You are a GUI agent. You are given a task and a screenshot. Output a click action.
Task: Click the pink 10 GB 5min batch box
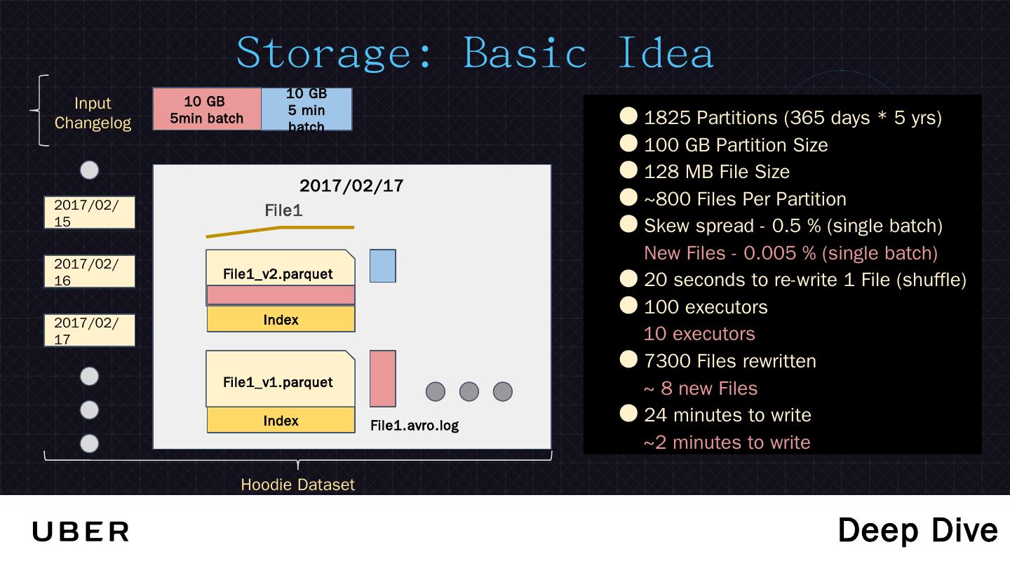coord(207,109)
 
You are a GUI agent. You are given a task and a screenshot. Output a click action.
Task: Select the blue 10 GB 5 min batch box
coord(307,109)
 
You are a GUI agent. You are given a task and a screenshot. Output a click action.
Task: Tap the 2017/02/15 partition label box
coord(89,213)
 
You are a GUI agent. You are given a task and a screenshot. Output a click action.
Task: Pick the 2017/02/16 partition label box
coord(89,271)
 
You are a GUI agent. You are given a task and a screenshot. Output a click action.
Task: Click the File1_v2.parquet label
coord(278,273)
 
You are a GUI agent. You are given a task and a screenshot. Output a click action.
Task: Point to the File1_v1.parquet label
coord(278,382)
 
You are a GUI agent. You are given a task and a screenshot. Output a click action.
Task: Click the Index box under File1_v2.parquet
coord(281,320)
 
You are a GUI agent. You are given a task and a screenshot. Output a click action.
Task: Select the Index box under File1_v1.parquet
coord(281,421)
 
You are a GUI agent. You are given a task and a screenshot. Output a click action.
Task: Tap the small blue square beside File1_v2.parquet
coord(383,266)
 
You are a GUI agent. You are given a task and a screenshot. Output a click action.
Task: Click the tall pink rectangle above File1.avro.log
coord(383,379)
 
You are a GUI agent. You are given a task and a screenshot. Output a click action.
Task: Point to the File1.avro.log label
coord(415,425)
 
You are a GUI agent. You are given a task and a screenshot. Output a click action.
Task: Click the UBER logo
coord(81,532)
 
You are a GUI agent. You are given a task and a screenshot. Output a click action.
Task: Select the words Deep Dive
coord(917,531)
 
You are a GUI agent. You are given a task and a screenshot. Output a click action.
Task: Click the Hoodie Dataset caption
coord(297,485)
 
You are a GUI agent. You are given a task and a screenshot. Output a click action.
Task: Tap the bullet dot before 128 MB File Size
coord(628,170)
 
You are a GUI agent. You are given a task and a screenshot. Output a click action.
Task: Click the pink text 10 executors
coord(699,334)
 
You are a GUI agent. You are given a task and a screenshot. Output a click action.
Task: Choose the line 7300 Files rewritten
coord(730,361)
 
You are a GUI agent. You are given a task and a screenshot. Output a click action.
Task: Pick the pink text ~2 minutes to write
coord(727,442)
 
